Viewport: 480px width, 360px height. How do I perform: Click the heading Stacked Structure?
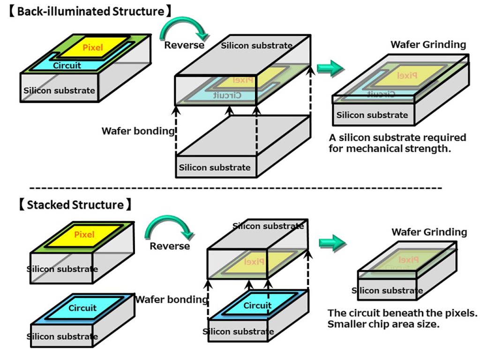(x=75, y=205)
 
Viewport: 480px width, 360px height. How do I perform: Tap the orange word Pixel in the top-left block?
(x=92, y=47)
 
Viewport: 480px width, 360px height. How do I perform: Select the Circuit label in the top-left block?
(x=67, y=66)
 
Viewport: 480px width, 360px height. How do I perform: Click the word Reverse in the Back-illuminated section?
(x=184, y=45)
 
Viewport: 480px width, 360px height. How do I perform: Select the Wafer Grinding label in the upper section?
(x=428, y=45)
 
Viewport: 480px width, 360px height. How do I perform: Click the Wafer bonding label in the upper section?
(x=138, y=131)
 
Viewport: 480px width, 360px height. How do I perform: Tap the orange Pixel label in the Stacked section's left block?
(x=84, y=234)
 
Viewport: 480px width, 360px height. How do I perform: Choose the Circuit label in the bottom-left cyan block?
(x=82, y=308)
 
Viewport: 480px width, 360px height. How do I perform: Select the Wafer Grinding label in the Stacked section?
(x=429, y=232)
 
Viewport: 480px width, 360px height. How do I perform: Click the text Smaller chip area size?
(x=383, y=324)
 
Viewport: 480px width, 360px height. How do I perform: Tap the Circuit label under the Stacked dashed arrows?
(x=257, y=305)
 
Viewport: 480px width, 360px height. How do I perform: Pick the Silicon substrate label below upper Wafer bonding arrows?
(x=215, y=167)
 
